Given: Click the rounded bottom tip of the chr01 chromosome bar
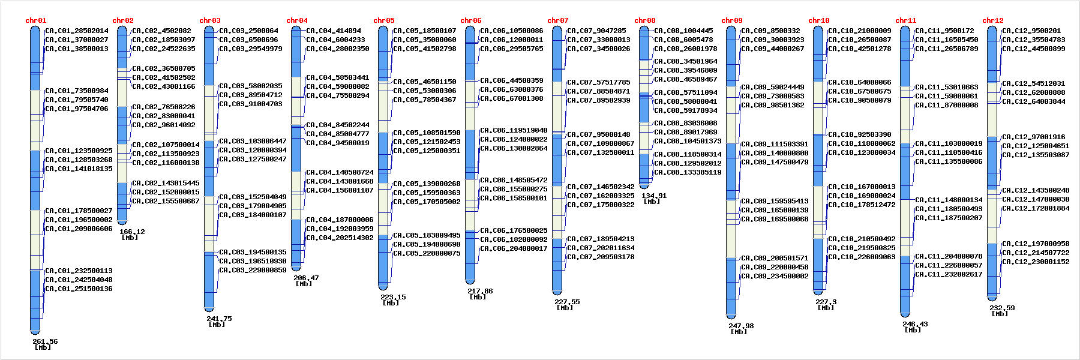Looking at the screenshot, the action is tap(35, 334).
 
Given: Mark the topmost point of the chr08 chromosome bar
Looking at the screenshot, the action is tap(644, 26).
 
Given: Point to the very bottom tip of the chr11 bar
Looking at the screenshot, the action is tap(905, 316).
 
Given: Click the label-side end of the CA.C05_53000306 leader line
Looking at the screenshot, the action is tap(393, 91).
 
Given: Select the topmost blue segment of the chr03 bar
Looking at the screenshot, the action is tap(209, 55).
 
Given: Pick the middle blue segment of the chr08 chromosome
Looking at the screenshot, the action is tap(644, 107).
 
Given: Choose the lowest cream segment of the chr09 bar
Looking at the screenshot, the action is tap(731, 229).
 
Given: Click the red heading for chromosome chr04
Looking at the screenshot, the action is tap(297, 20).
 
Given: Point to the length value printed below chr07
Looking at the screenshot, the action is tap(567, 302).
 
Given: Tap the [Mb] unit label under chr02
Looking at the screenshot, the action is tap(130, 238).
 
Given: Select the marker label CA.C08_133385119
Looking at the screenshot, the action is tap(688, 172).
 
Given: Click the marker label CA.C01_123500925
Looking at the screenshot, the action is tap(79, 151).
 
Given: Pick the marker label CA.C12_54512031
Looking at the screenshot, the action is tap(1034, 83).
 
